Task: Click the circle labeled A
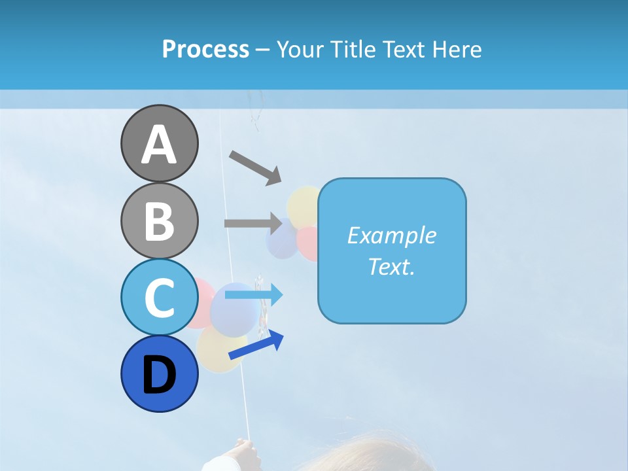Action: [159, 143]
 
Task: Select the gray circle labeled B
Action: [159, 220]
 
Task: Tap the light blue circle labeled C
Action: [159, 297]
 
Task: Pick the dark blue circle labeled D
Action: [159, 374]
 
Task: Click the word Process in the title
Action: [205, 50]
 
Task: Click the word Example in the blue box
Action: [391, 235]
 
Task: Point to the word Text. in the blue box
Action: [391, 267]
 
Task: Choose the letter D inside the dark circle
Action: [159, 375]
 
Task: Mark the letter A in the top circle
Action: [159, 145]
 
